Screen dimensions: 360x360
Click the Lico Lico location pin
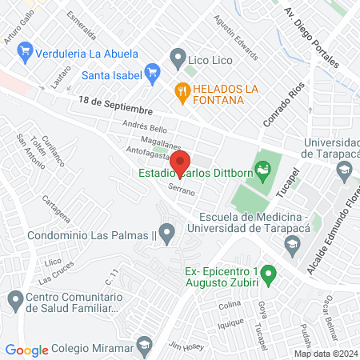(x=177, y=58)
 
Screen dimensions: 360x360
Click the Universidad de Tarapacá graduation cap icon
(x=344, y=170)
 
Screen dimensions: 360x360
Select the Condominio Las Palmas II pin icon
(x=166, y=234)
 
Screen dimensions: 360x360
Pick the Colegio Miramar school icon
(x=144, y=347)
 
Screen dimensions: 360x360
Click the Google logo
(x=27, y=350)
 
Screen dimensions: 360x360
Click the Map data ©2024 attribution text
(x=325, y=354)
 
